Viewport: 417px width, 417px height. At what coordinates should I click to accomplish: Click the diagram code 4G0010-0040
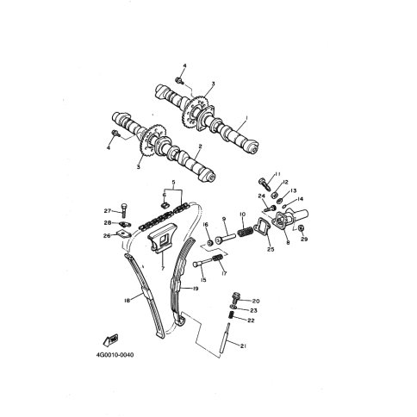(115, 355)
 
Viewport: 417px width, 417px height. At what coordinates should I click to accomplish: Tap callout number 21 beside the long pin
(243, 346)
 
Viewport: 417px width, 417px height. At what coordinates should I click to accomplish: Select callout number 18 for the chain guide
(128, 301)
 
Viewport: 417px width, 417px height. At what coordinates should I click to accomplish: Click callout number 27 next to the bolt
(108, 211)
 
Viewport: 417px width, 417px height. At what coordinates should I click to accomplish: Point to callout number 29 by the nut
(304, 239)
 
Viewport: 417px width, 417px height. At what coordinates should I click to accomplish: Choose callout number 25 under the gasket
(271, 249)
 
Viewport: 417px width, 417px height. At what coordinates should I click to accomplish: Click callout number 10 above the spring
(242, 215)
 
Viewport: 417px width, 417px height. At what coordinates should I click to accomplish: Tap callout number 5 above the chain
(173, 182)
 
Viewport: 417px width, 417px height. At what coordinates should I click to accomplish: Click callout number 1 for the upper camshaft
(246, 117)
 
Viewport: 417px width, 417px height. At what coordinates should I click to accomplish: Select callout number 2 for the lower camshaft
(200, 146)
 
